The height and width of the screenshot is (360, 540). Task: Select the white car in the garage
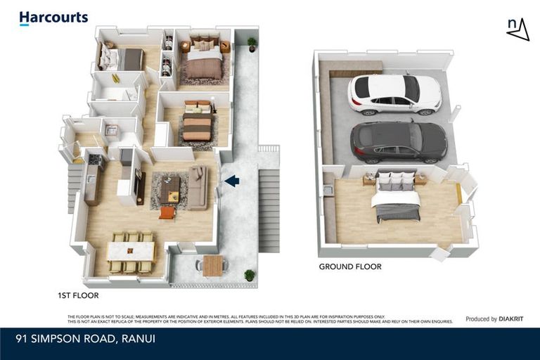pyautogui.click(x=394, y=94)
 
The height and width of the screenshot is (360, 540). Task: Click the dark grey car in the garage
pyautogui.click(x=398, y=142)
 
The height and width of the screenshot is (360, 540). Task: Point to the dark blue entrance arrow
pyautogui.click(x=231, y=181)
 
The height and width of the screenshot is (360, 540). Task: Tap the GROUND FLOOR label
pyautogui.click(x=349, y=266)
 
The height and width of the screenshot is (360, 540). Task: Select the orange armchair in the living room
pyautogui.click(x=167, y=212)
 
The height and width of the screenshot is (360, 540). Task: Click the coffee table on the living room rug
pyautogui.click(x=170, y=188)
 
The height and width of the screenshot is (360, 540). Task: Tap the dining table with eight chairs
pyautogui.click(x=130, y=252)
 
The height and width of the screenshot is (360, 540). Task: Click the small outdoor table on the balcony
pyautogui.click(x=212, y=265)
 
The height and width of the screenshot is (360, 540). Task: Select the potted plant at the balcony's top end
pyautogui.click(x=252, y=44)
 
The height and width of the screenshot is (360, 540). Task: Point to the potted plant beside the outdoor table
pyautogui.click(x=249, y=274)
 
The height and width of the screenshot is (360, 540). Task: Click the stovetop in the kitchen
pyautogui.click(x=95, y=161)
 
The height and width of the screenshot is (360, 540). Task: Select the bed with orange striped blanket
pyautogui.click(x=197, y=123)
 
